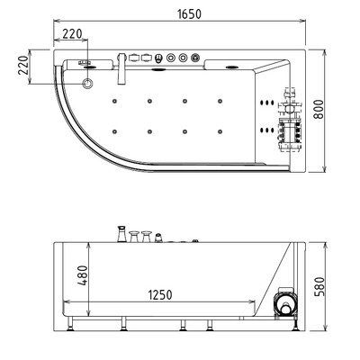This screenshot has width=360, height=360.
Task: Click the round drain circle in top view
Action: (87, 83)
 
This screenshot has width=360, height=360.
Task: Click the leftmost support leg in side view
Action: (72, 324)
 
